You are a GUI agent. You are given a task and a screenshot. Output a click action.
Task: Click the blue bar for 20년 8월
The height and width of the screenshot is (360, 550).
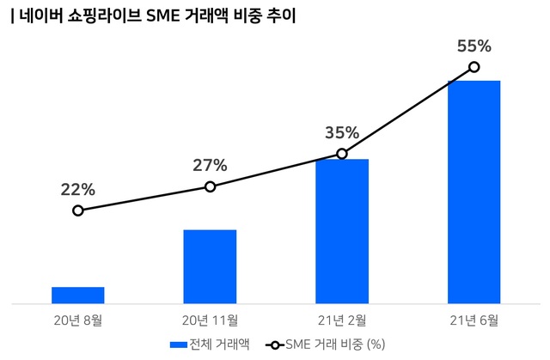tap(77, 295)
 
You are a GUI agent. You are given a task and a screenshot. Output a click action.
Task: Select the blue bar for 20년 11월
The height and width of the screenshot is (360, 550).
tap(210, 266)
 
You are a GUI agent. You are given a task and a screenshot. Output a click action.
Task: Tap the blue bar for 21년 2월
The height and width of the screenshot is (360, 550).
tap(341, 230)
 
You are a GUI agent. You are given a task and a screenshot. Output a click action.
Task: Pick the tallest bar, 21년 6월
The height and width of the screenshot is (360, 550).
tap(474, 192)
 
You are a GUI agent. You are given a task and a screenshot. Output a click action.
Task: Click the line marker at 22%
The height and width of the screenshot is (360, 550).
tap(78, 211)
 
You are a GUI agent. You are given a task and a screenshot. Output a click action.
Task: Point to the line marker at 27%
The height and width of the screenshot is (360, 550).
tap(210, 186)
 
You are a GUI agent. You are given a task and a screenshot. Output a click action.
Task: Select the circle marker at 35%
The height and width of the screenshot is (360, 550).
tap(342, 154)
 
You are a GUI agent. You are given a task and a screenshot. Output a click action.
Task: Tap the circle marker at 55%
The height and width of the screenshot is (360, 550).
tap(474, 67)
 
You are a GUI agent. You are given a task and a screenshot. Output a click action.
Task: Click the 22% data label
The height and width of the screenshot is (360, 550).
tap(77, 189)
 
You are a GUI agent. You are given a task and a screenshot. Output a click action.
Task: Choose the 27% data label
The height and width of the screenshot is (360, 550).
tap(210, 165)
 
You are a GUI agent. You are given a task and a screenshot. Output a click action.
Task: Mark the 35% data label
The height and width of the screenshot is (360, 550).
tap(342, 132)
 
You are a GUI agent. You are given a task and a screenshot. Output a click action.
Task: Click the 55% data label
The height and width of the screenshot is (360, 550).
tap(474, 46)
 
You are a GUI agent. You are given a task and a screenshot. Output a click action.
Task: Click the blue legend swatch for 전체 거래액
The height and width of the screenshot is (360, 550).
tap(179, 345)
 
